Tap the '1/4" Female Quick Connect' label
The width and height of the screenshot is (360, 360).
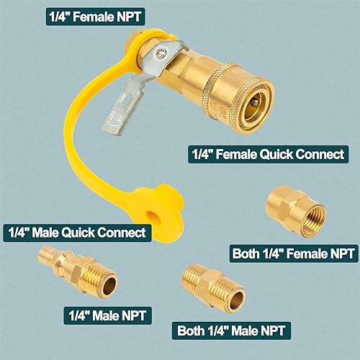(x=266, y=154)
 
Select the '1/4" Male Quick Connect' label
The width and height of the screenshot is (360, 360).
(x=76, y=233)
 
